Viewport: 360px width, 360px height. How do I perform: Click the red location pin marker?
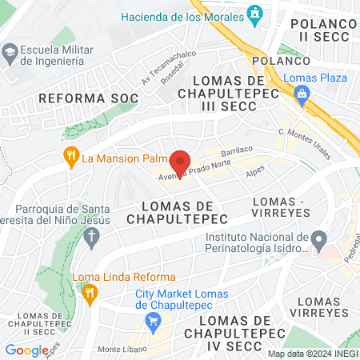tap(180, 164)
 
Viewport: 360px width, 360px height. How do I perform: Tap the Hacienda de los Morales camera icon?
tap(255, 14)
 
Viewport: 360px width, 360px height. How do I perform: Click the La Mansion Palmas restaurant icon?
tap(70, 156)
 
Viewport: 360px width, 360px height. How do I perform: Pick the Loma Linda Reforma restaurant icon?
tap(91, 294)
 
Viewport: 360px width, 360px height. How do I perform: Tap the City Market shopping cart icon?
tap(153, 322)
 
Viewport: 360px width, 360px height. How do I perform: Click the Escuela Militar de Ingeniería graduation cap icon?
tap(10, 53)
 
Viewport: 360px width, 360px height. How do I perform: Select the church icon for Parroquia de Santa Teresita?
tap(91, 237)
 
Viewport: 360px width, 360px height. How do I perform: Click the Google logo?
tap(26, 350)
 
